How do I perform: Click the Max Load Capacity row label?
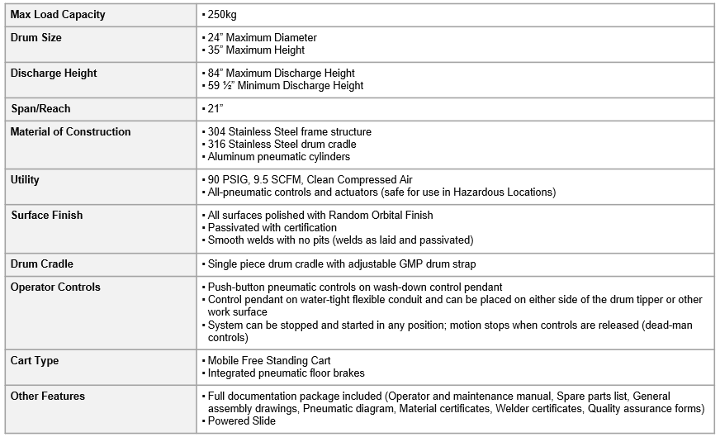coord(58,15)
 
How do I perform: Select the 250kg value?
coord(222,15)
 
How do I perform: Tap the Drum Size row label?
coord(36,38)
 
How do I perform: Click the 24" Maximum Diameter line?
coord(262,38)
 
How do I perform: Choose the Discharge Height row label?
coord(54,74)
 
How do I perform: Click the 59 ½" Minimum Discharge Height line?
coord(285,85)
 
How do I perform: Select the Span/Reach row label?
coord(40,108)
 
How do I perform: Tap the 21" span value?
coord(216,108)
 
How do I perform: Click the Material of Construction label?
coord(70,131)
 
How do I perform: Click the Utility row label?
coord(25,179)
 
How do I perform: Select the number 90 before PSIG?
coord(214,179)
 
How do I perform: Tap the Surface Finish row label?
coord(47,216)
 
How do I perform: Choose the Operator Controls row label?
coord(55,287)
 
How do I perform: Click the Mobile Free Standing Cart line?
coord(269,361)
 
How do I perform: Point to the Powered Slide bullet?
coord(241,420)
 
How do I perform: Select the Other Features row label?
coord(48,397)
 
